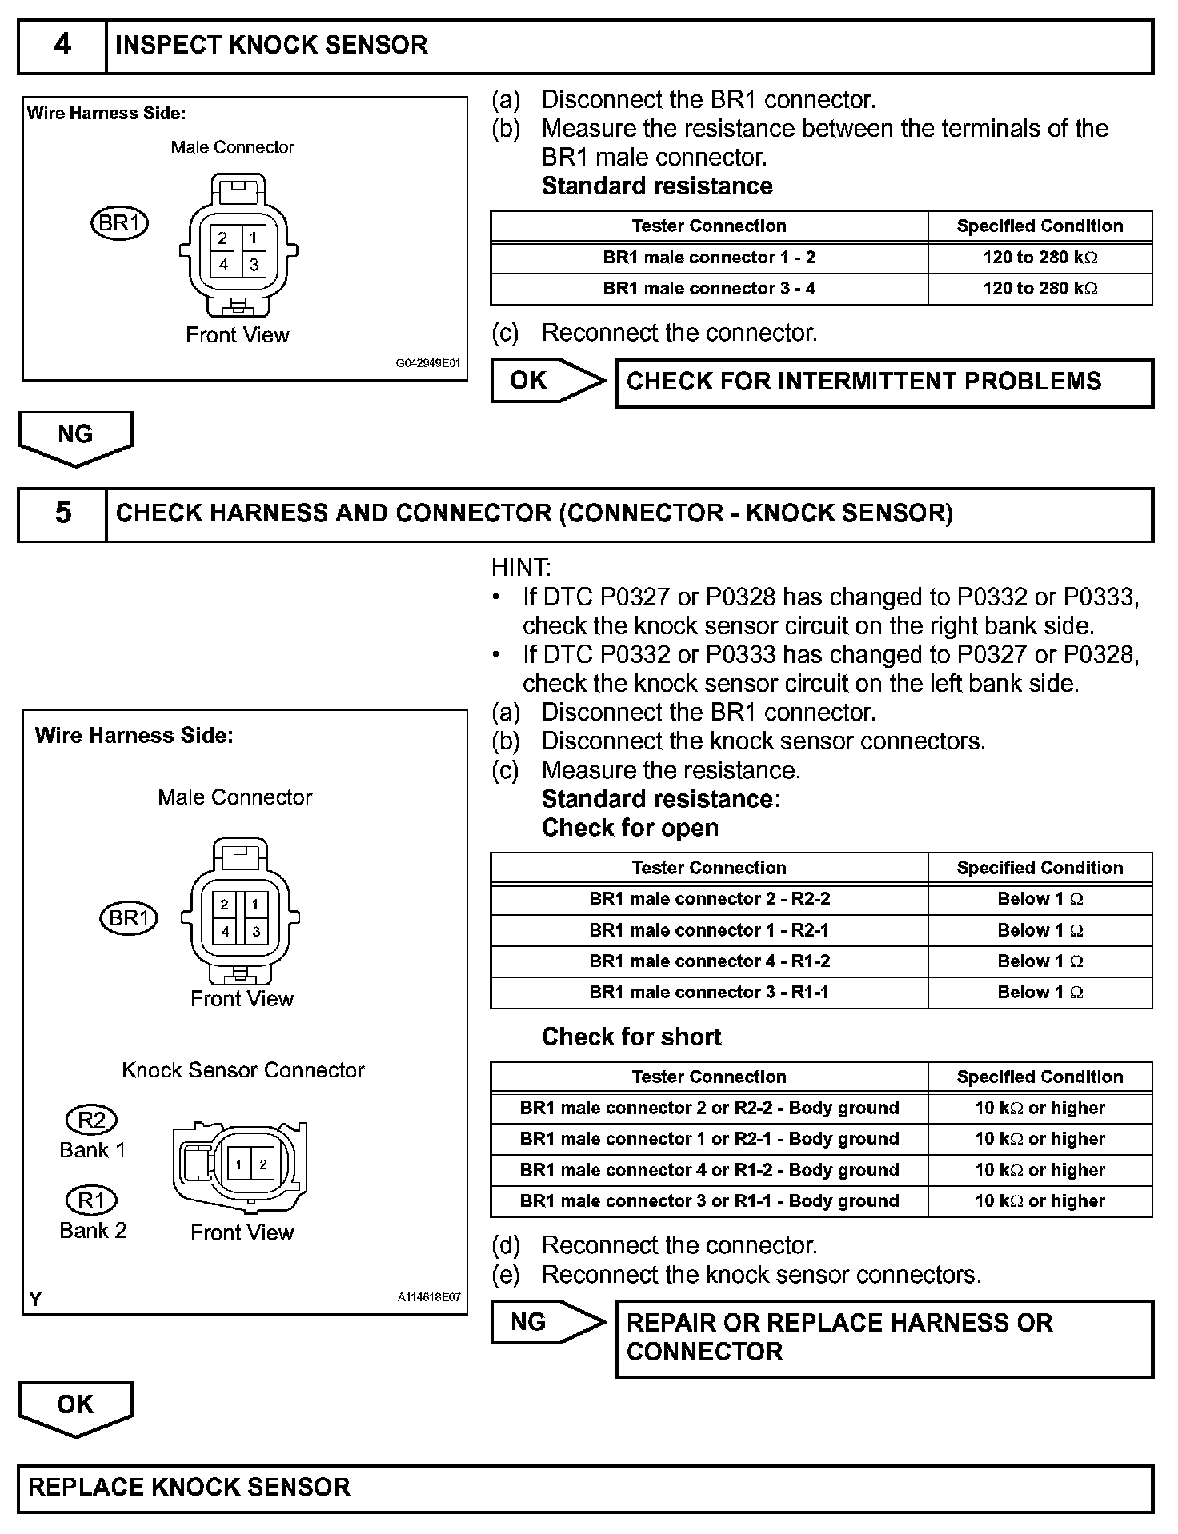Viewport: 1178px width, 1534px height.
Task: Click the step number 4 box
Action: [x=62, y=46]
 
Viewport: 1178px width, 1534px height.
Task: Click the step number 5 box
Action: [x=62, y=513]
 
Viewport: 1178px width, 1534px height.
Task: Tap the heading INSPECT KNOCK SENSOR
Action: [x=271, y=46]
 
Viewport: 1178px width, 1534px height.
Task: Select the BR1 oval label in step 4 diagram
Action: [x=120, y=223]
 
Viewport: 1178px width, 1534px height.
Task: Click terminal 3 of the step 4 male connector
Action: [x=254, y=264]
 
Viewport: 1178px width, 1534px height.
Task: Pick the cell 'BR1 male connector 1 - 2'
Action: [x=709, y=258]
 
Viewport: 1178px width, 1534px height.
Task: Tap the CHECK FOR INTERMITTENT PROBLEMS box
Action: [x=883, y=382]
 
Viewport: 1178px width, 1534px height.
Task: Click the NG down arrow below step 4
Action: [x=75, y=437]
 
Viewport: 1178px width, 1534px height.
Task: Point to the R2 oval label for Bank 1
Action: [x=91, y=1120]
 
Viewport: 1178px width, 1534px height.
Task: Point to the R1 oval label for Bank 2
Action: [x=90, y=1200]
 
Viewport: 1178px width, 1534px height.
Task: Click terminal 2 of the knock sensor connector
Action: [x=263, y=1164]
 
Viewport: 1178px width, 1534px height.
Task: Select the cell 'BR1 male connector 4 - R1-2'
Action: [x=709, y=961]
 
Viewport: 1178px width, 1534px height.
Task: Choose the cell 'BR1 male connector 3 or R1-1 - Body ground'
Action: [x=709, y=1201]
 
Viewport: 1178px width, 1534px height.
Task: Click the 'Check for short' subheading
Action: [x=631, y=1037]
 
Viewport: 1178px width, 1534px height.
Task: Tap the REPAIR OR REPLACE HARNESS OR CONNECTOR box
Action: [x=883, y=1338]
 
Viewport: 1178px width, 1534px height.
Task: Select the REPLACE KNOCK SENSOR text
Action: [x=190, y=1488]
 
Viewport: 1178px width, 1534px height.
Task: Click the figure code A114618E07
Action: [x=429, y=1298]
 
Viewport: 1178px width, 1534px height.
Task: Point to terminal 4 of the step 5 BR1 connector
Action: [x=225, y=932]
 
